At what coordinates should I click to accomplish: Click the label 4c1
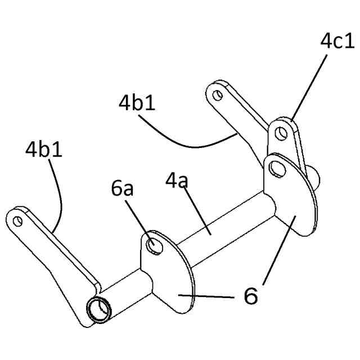pos(337,41)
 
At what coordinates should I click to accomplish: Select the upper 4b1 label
pos(137,103)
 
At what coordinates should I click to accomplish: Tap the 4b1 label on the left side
pos(43,150)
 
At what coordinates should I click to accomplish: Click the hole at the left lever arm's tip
pos(17,220)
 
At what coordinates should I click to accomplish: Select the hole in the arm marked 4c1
pos(281,133)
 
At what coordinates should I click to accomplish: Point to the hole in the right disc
pos(277,167)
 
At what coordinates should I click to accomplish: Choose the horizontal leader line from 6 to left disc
pos(208,295)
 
